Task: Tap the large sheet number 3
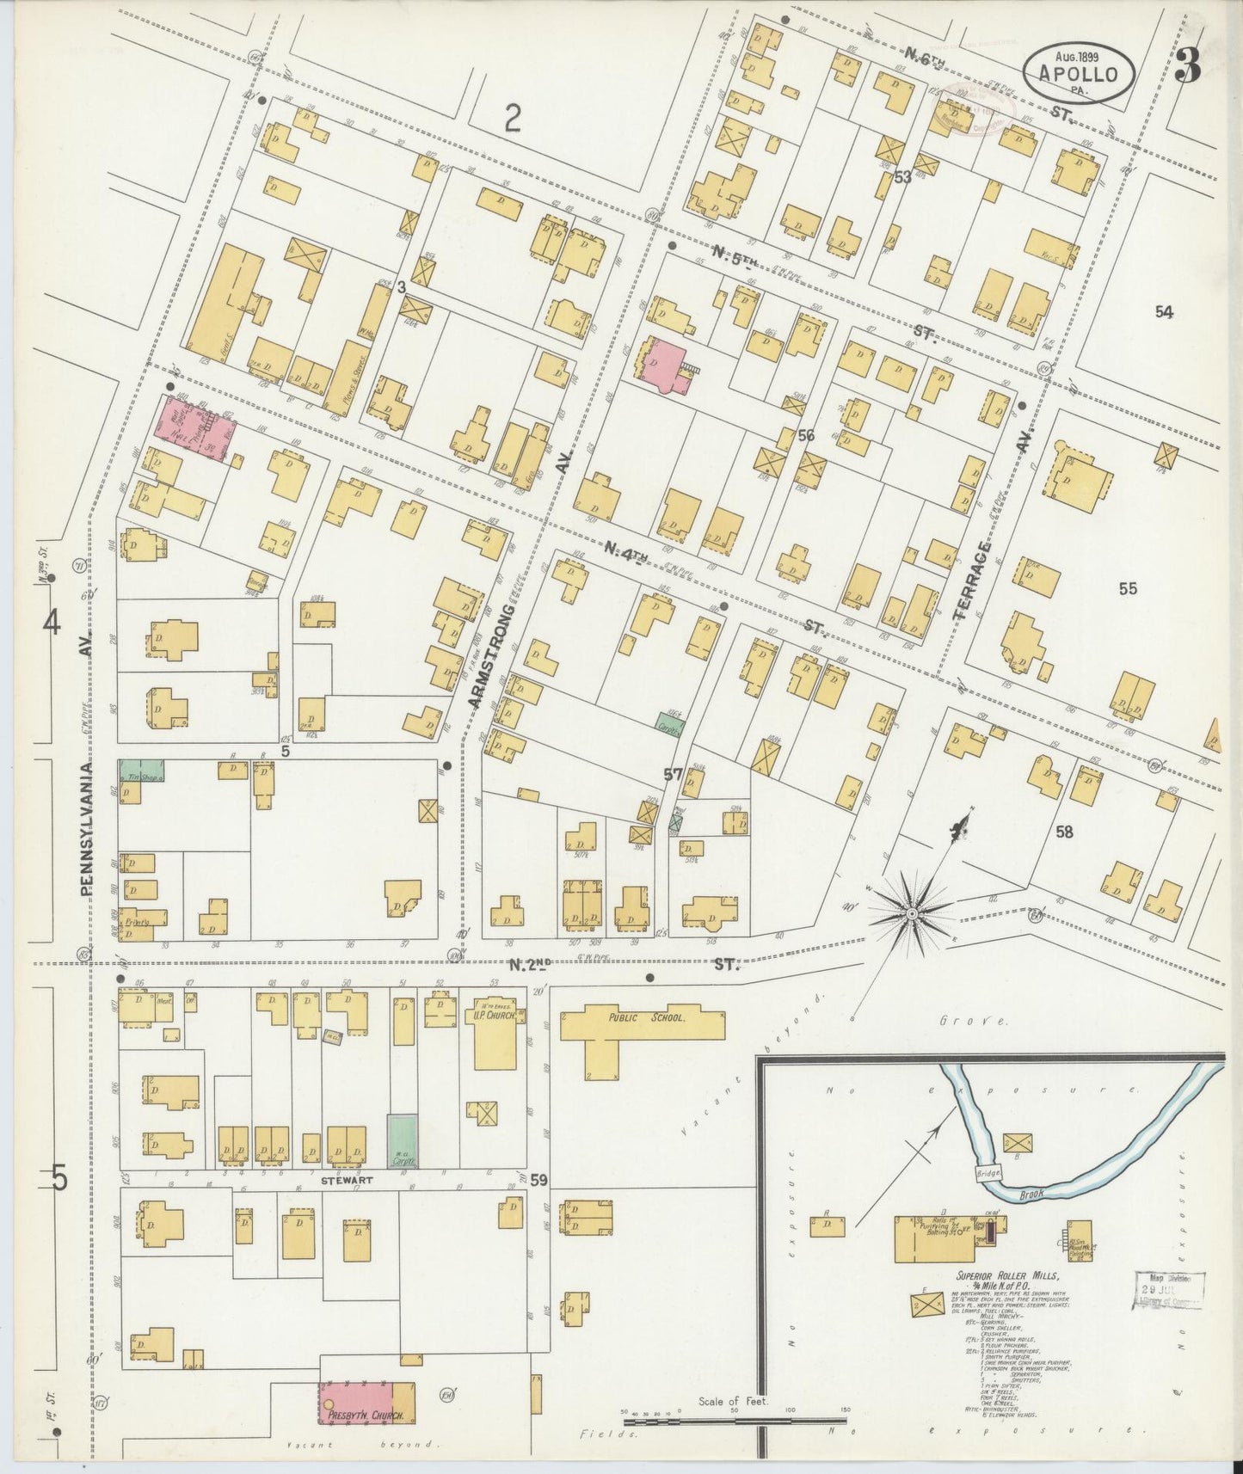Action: pos(1188,65)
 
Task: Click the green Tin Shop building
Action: pos(141,771)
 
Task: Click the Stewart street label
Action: pos(347,1181)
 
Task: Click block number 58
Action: pos(1065,832)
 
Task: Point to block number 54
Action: pos(1164,312)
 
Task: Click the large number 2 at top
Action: pos(513,118)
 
